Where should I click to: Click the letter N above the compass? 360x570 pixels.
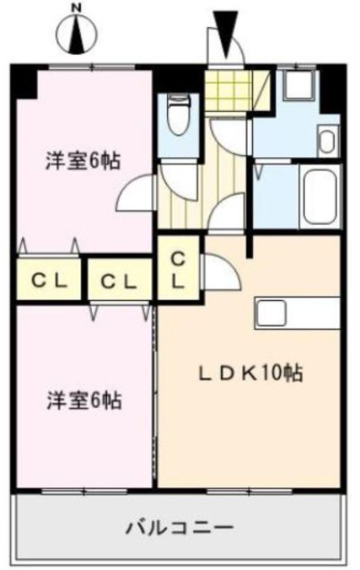click(76, 8)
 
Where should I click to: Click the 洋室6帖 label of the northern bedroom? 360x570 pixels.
click(83, 161)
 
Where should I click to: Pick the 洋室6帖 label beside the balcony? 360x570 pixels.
click(83, 401)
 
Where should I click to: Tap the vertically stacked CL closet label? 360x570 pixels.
click(178, 270)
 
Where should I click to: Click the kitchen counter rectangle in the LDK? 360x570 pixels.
click(295, 314)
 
